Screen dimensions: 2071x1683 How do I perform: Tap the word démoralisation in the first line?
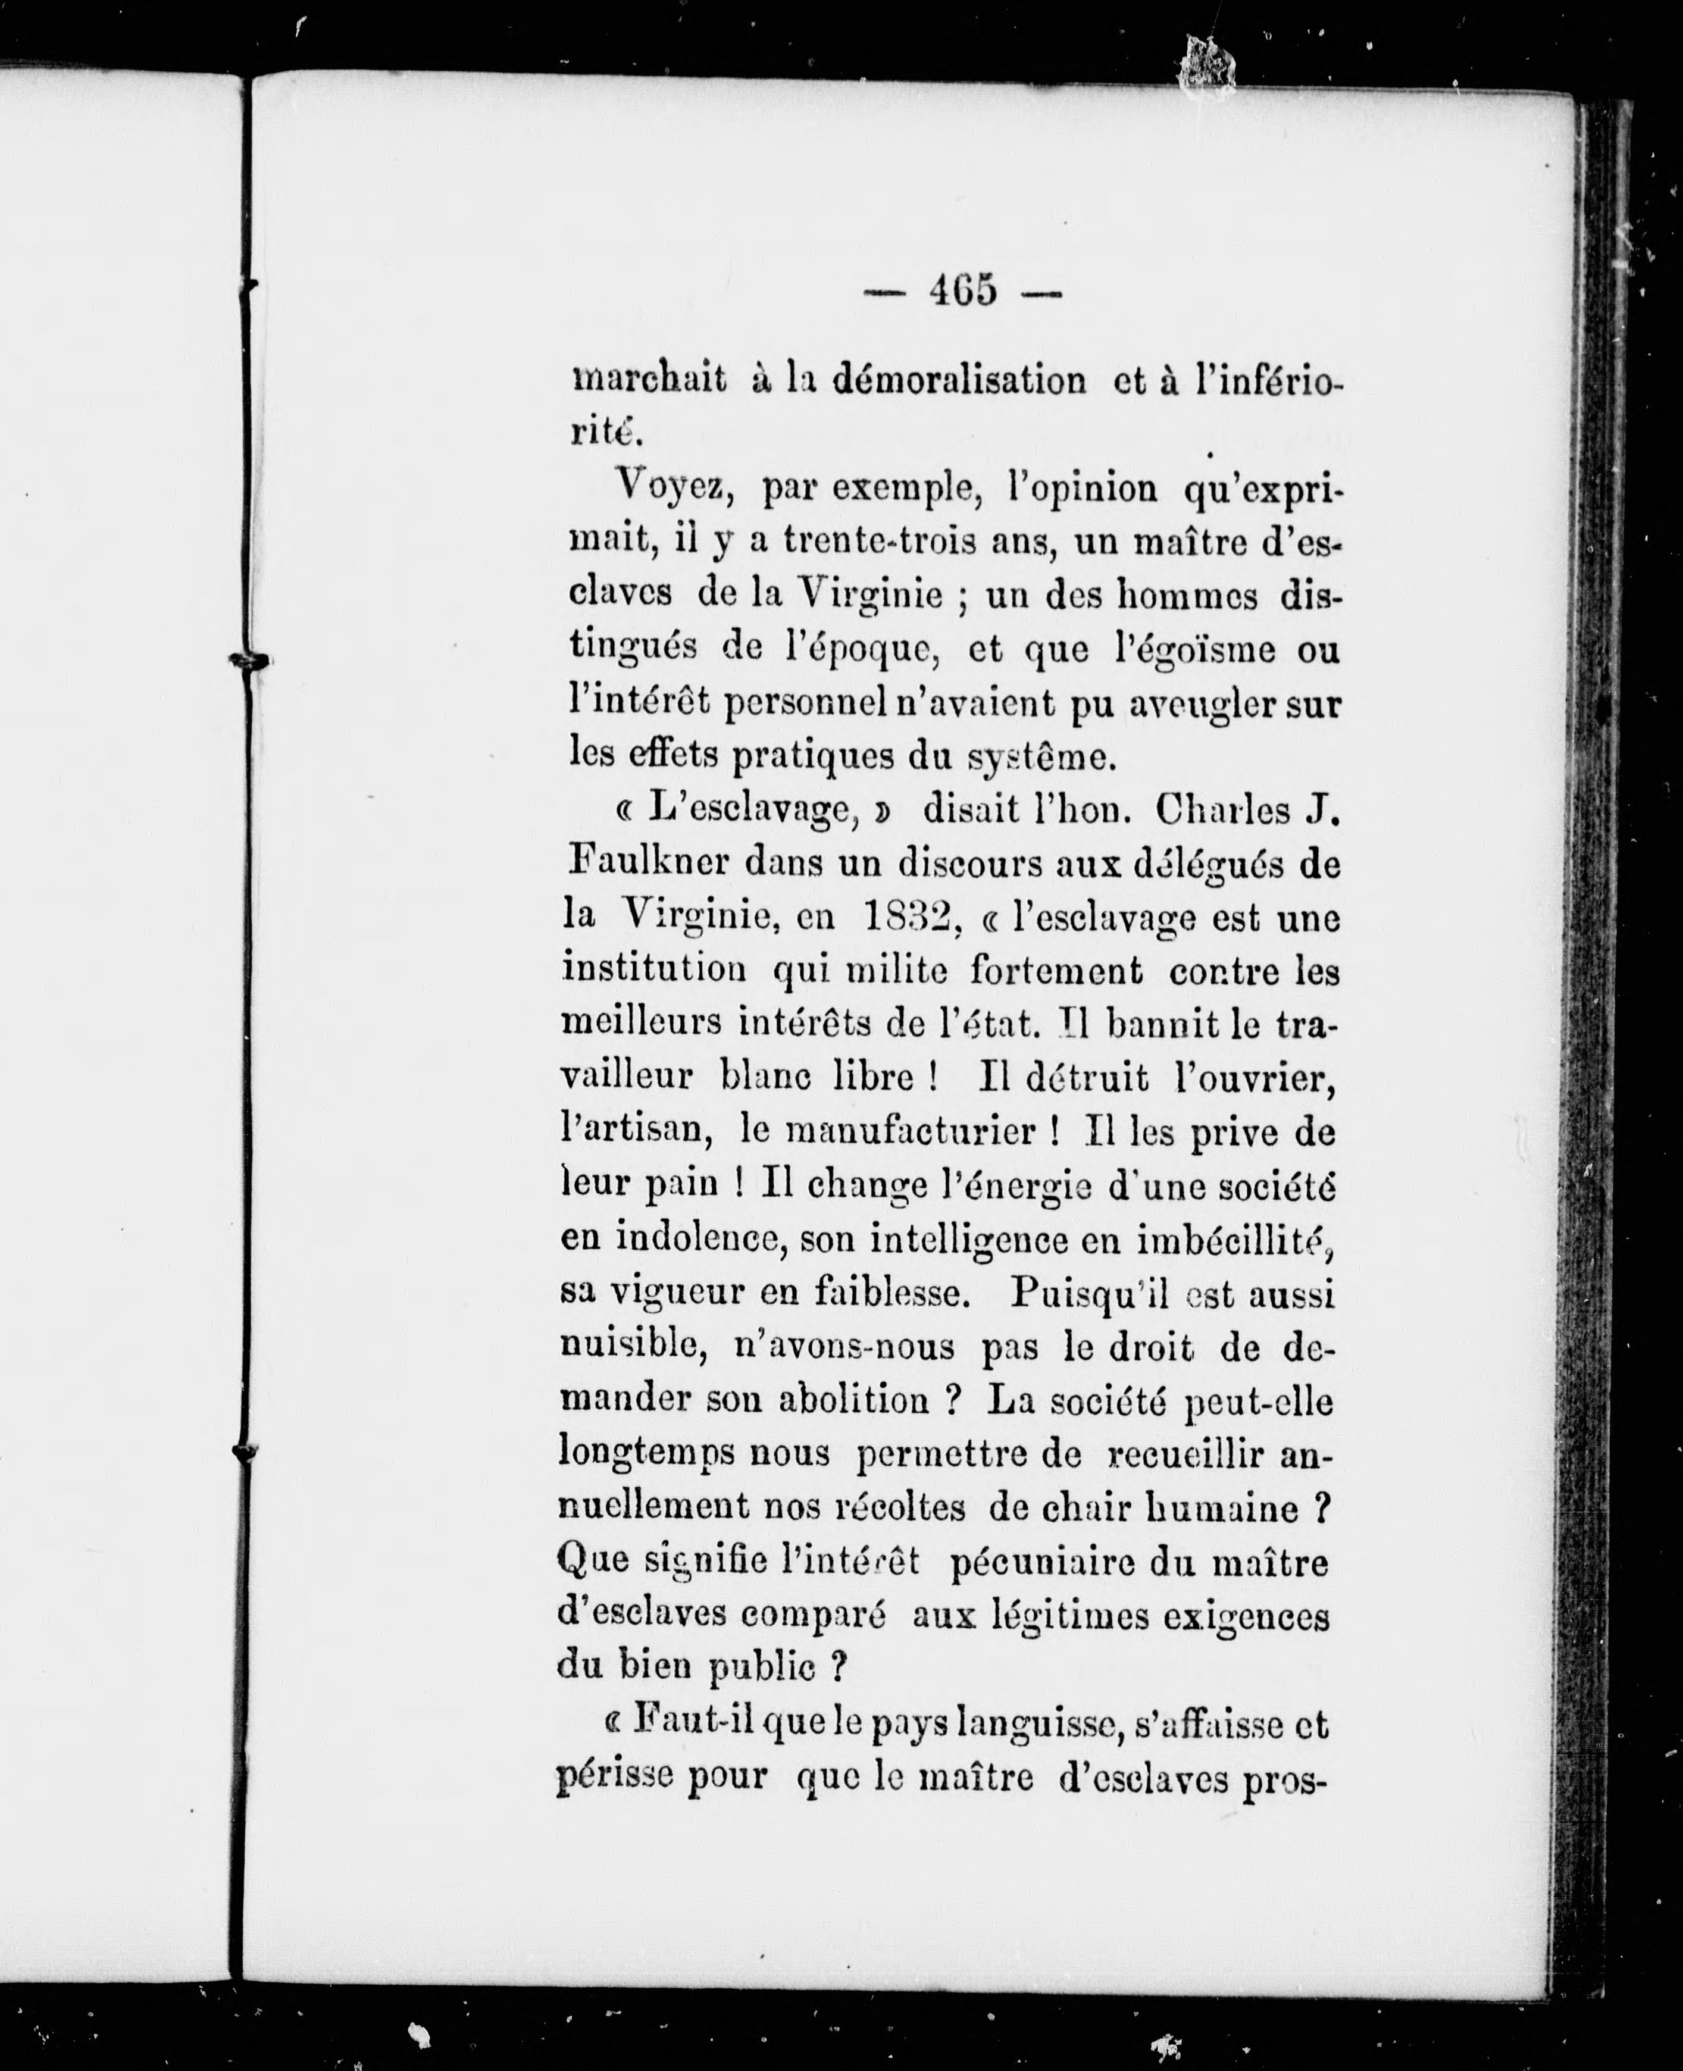[947, 380]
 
